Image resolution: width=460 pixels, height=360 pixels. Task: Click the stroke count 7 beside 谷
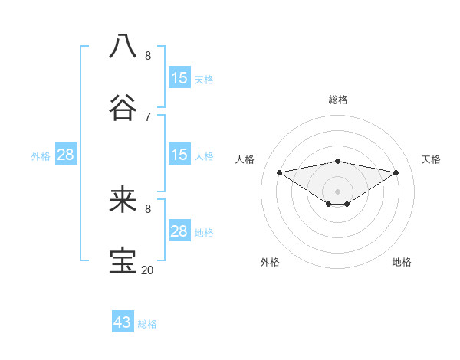coord(148,116)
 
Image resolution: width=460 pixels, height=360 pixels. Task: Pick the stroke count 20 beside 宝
coord(148,270)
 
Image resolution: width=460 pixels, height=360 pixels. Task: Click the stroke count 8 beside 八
coord(148,55)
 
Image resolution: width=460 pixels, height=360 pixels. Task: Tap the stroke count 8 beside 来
coord(148,208)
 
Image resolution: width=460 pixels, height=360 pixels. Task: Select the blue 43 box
coord(123,322)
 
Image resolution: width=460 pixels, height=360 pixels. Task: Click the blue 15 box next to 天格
coord(179,78)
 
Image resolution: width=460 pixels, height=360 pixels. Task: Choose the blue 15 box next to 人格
coord(179,155)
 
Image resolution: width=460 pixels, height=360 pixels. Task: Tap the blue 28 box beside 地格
coord(179,231)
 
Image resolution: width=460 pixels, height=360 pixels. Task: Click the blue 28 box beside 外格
coord(66,155)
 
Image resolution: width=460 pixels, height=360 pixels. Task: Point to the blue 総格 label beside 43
coord(147,324)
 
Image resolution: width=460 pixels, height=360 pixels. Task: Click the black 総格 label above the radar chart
coord(338,100)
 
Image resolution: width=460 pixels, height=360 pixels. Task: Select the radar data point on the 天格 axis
coord(396,172)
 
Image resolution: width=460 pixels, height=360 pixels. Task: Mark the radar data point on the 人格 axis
coord(279,172)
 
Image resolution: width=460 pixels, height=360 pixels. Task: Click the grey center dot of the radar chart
coord(338,191)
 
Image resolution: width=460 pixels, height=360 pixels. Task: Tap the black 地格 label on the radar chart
coord(402,262)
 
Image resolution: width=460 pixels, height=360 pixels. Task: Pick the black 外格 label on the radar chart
coord(270,262)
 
